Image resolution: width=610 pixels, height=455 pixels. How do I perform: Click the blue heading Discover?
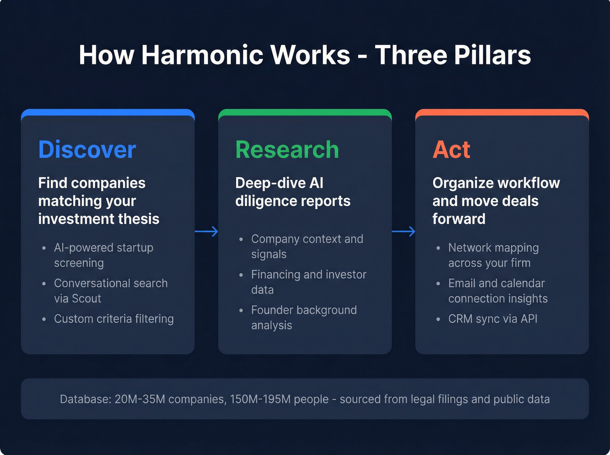87,150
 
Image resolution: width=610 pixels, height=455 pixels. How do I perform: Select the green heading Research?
287,150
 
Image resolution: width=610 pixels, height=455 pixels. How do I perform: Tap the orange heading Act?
451,150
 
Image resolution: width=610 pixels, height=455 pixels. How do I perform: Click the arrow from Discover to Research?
207,231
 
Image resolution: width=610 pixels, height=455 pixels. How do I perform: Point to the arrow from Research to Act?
403,231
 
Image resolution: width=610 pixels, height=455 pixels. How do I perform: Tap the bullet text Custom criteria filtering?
114,319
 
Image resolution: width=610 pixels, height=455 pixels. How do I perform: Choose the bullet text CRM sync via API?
492,319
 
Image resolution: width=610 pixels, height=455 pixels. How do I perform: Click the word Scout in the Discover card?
86,299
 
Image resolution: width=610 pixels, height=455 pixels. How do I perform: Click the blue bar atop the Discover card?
108,112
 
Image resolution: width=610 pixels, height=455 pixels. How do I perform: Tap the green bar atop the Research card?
305,112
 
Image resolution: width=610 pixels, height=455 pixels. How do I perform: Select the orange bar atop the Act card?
502,112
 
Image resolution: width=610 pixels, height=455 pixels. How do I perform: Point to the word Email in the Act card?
462,283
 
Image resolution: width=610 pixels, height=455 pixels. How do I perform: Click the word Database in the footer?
85,399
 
